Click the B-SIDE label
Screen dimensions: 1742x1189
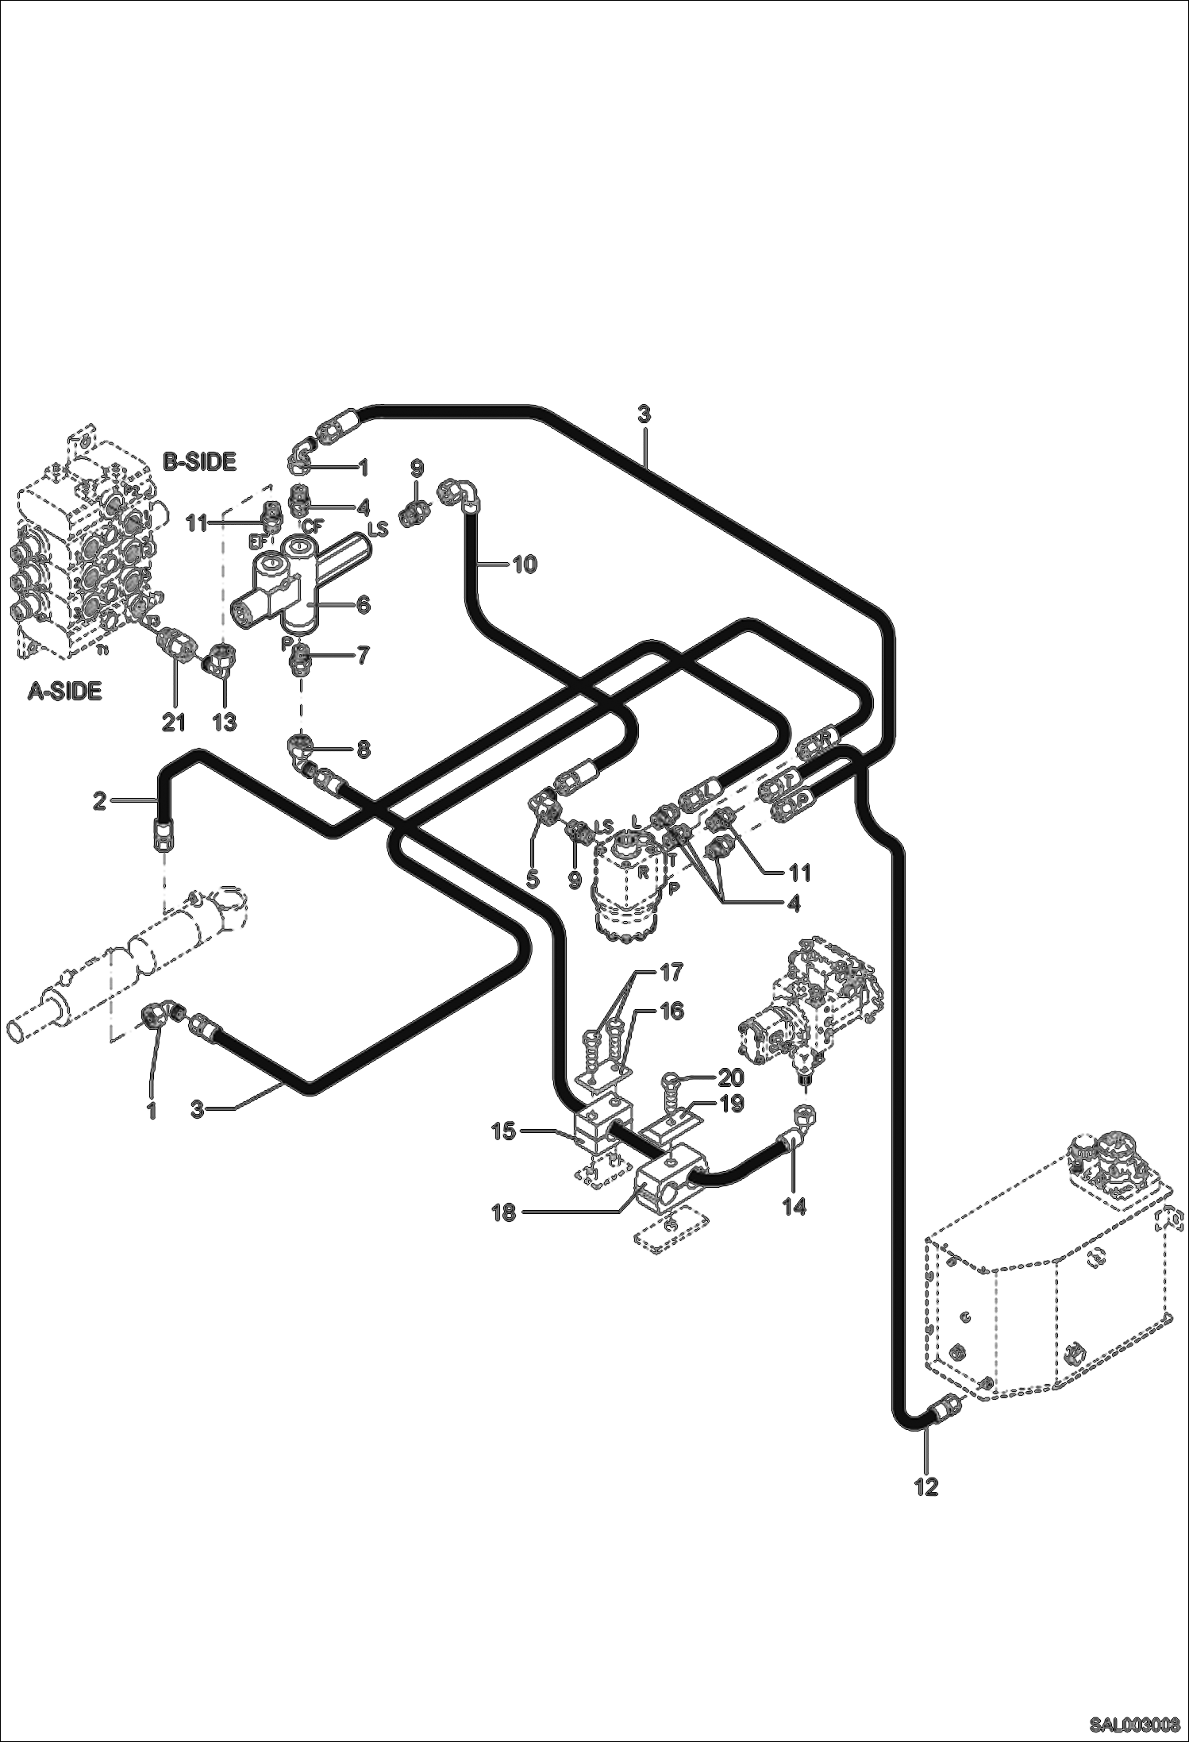[x=200, y=462]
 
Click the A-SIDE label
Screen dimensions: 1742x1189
[x=65, y=692]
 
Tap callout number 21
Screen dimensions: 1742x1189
[x=173, y=723]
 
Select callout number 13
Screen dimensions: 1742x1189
[x=225, y=723]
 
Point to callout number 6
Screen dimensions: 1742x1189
[x=363, y=605]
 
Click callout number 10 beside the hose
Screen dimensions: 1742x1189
[x=525, y=565]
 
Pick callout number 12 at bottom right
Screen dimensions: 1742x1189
[x=926, y=1486]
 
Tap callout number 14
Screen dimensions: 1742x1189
[x=794, y=1207]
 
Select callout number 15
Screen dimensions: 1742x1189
[x=504, y=1131]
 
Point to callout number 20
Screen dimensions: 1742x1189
[x=731, y=1077]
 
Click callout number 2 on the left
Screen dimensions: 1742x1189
[x=99, y=801]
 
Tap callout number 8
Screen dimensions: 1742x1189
[x=363, y=749]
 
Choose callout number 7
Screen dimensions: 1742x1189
[x=363, y=657]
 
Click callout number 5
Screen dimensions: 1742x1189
[x=533, y=879]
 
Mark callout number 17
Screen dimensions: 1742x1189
[x=671, y=972]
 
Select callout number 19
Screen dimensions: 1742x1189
[x=731, y=1104]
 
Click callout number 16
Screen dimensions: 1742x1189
[x=671, y=1012]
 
